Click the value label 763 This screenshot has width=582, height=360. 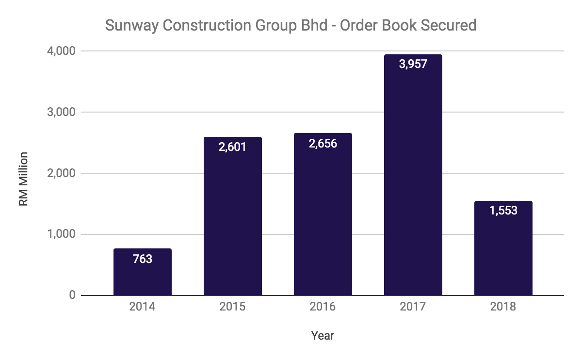coord(143,259)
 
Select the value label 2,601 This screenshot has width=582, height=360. coord(233,147)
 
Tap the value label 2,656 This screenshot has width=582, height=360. coord(323,143)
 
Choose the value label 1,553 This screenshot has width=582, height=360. coord(503,211)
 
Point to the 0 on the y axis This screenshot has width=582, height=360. coord(72,295)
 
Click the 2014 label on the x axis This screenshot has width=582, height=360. coord(143,307)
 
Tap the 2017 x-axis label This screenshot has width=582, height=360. coord(413,307)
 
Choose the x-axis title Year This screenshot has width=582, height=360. coord(323,335)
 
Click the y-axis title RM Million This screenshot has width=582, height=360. coord(23,179)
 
